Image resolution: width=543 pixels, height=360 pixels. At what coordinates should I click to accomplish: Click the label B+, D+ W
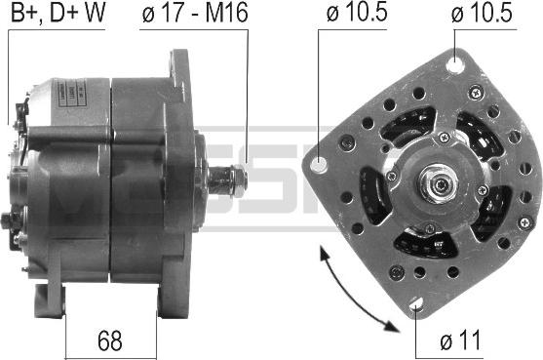(58, 13)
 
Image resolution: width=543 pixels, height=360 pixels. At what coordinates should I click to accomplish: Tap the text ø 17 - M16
(195, 13)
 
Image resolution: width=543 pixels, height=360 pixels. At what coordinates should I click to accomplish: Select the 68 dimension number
(110, 340)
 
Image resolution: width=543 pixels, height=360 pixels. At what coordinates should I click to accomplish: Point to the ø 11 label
(460, 340)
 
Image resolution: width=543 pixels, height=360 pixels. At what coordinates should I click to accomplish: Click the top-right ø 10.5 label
(482, 13)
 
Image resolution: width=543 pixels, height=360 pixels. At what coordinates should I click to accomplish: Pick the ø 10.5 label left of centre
(357, 13)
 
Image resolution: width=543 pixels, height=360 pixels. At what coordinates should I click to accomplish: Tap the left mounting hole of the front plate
(319, 164)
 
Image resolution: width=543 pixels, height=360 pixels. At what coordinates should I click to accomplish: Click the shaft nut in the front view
(437, 183)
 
